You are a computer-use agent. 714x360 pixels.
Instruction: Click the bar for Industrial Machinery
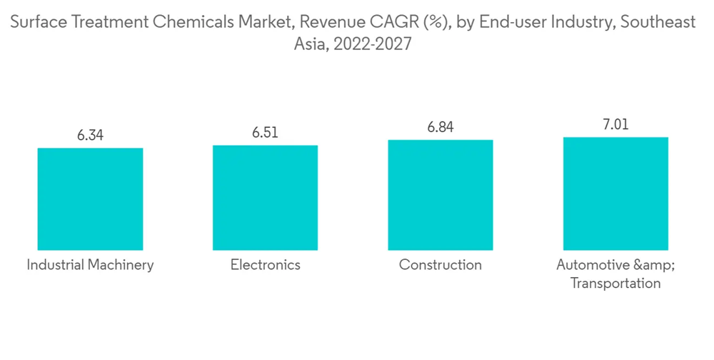[x=90, y=199]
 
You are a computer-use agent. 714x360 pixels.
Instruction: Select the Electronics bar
[x=265, y=198]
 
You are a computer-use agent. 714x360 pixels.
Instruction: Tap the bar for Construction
[x=441, y=195]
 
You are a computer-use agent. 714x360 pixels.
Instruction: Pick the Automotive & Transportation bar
[x=615, y=194]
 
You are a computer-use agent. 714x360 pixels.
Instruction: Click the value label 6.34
[x=90, y=135]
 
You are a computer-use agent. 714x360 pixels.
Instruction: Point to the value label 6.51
[x=265, y=132]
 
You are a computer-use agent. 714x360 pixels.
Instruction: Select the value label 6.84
[x=441, y=127]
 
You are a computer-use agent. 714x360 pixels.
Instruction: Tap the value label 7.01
[x=615, y=124]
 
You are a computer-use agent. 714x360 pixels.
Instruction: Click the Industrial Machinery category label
[x=90, y=265]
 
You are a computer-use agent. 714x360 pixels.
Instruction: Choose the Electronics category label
[x=265, y=265]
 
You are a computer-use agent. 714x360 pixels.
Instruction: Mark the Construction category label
[x=441, y=265]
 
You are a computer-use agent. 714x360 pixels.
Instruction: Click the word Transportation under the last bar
[x=615, y=283]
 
